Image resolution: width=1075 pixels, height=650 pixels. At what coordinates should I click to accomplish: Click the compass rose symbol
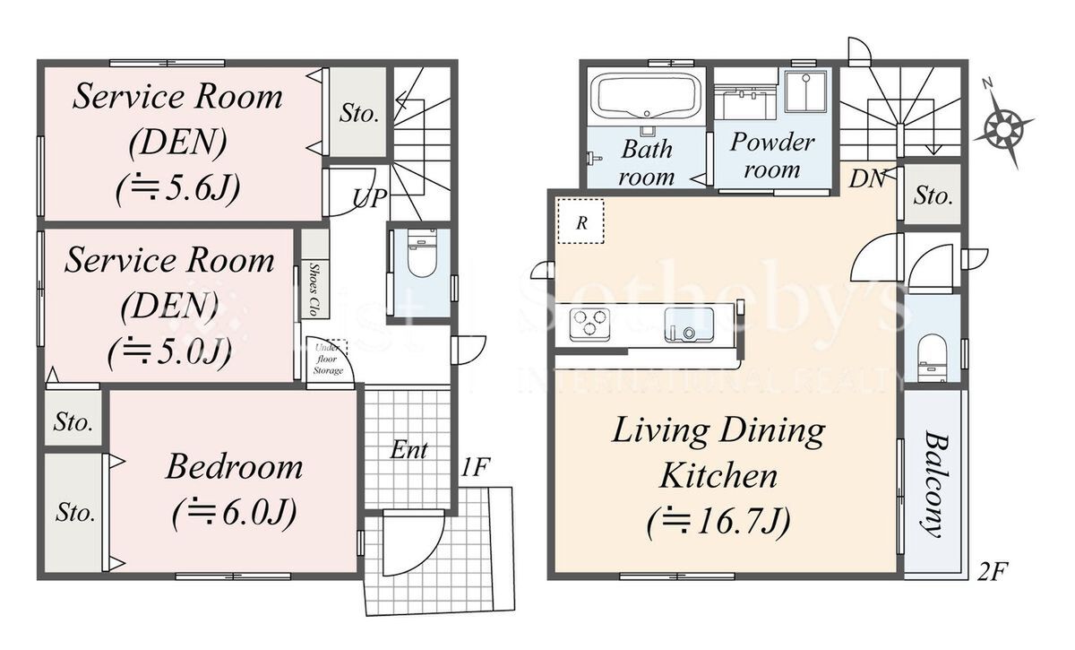pyautogui.click(x=1003, y=129)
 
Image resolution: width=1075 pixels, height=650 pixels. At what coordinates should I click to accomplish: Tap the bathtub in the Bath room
pyautogui.click(x=647, y=96)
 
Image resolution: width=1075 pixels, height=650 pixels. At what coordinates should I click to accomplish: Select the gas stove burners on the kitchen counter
pyautogui.click(x=589, y=324)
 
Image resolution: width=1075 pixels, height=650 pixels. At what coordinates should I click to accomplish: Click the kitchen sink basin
pyautogui.click(x=689, y=325)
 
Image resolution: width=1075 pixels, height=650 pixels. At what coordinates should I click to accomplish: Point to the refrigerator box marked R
pyautogui.click(x=580, y=221)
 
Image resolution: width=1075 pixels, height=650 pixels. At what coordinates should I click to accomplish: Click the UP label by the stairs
pyautogui.click(x=369, y=197)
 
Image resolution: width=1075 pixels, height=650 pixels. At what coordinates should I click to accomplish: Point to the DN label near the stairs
pyautogui.click(x=867, y=179)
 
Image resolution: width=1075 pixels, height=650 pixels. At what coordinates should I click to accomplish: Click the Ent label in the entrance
pyautogui.click(x=408, y=450)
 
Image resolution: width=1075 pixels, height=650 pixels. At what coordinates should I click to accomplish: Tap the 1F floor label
pyautogui.click(x=475, y=467)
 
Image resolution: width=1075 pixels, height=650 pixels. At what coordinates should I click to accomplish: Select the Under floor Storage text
pyautogui.click(x=328, y=359)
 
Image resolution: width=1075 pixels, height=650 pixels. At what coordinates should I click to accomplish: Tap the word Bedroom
pyautogui.click(x=234, y=466)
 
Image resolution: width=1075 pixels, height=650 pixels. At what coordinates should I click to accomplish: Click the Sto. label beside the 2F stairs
pyautogui.click(x=933, y=195)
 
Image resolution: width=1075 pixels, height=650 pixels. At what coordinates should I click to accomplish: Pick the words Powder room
pyautogui.click(x=772, y=155)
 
